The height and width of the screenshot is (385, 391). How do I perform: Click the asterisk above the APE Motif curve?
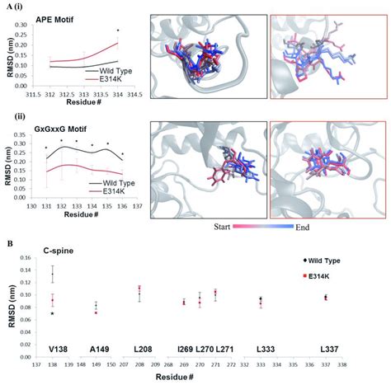coord(119,31)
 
